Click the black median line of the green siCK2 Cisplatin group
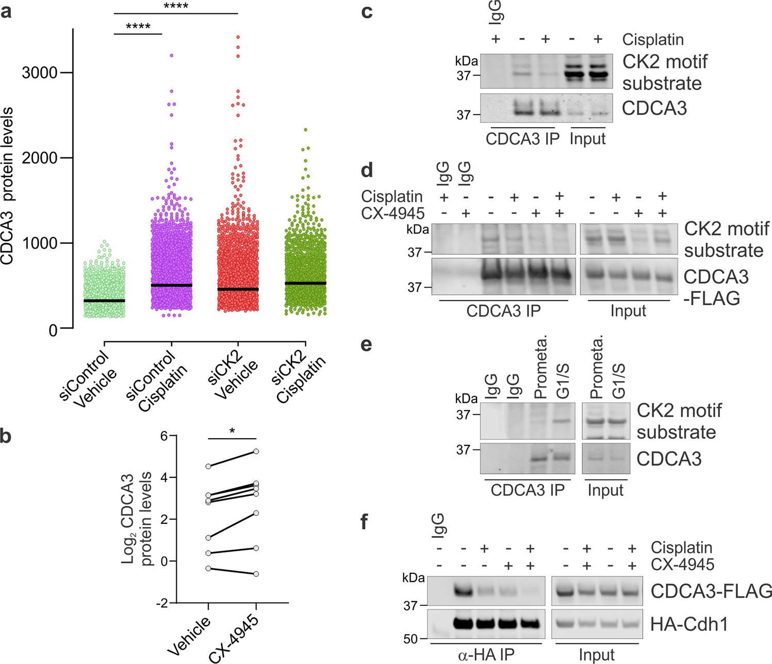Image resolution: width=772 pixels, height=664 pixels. click(x=306, y=283)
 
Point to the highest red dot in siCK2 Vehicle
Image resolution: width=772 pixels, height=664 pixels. click(x=238, y=37)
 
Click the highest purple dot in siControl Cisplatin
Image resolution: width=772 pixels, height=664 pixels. click(x=171, y=55)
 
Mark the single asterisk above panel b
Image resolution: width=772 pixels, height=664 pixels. click(x=232, y=431)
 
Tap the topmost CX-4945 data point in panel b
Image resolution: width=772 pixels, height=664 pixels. click(x=256, y=451)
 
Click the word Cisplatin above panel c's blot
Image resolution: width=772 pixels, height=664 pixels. click(x=653, y=40)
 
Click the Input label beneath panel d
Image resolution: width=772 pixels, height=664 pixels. click(x=628, y=311)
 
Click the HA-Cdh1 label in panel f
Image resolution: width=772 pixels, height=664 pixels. click(x=689, y=624)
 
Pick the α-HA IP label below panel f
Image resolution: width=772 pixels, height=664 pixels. click(x=487, y=655)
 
